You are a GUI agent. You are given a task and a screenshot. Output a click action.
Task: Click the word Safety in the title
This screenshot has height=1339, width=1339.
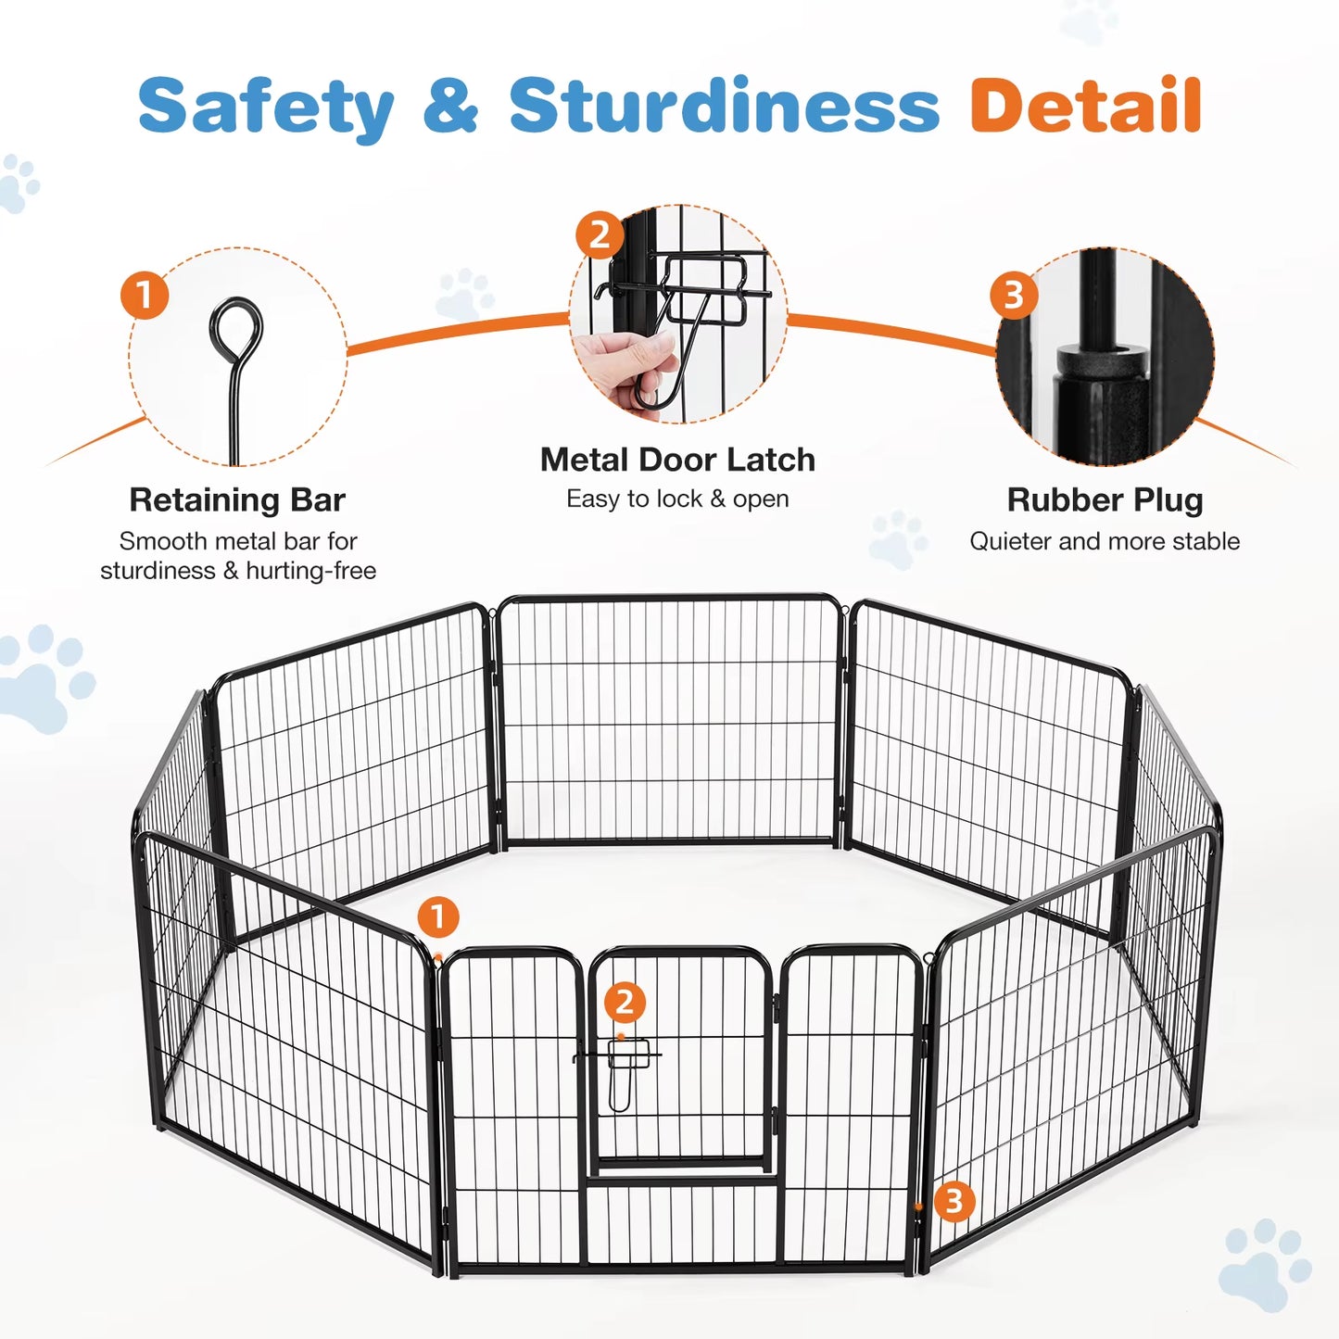pos(266,107)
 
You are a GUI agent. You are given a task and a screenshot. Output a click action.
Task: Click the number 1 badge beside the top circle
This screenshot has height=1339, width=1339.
pos(145,296)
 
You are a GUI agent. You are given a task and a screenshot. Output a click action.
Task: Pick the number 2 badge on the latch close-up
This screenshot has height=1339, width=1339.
pos(600,235)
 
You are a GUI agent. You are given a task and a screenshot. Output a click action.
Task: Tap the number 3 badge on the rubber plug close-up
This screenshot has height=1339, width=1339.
pos(1014,296)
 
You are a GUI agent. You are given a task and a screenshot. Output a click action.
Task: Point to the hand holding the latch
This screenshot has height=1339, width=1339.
pos(625,364)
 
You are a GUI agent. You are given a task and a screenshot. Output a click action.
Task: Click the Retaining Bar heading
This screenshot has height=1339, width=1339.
pos(237,499)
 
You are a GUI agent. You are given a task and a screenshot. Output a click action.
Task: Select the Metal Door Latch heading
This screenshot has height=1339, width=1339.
pos(677,460)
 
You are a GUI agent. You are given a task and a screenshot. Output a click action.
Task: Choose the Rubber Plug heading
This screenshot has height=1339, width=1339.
pos(1105,499)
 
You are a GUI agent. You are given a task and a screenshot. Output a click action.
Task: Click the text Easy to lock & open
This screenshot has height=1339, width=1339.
pos(677,499)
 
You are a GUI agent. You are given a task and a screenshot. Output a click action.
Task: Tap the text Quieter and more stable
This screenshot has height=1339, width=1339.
pos(1105,541)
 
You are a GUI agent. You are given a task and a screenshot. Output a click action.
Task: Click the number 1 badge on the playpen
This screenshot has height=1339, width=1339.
pos(438,917)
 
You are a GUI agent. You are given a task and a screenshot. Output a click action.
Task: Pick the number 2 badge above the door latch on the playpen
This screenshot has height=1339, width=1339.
pos(625,1002)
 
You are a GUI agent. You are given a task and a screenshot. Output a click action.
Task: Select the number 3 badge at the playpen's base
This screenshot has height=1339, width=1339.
pos(954,1201)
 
